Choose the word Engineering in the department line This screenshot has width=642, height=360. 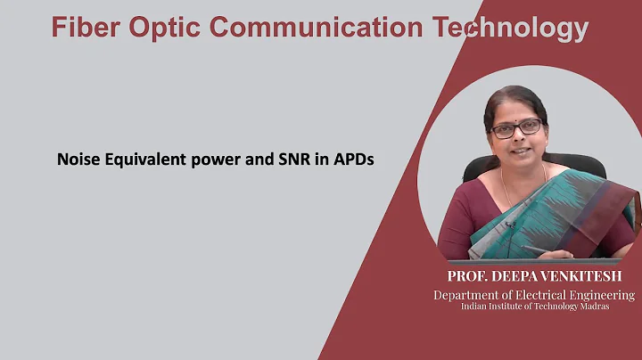603,294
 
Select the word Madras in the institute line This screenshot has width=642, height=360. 612,307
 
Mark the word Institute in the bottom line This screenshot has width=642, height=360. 498,307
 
